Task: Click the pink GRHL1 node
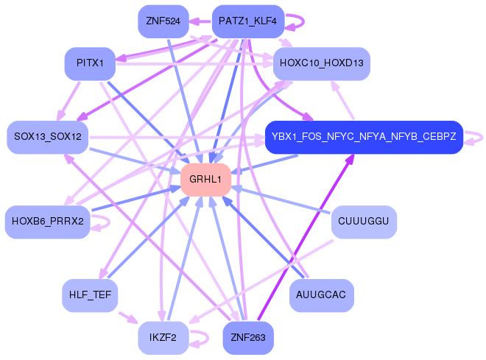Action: point(205,180)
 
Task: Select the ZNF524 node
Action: point(163,21)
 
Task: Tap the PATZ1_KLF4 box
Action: point(247,21)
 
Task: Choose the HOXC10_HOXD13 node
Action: point(321,63)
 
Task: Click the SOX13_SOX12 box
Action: point(47,137)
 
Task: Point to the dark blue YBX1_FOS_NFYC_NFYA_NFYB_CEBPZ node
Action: point(363,137)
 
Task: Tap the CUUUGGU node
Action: point(364,222)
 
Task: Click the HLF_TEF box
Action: point(90,294)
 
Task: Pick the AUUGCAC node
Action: point(321,294)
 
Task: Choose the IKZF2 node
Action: point(163,337)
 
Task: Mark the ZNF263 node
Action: point(247,338)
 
